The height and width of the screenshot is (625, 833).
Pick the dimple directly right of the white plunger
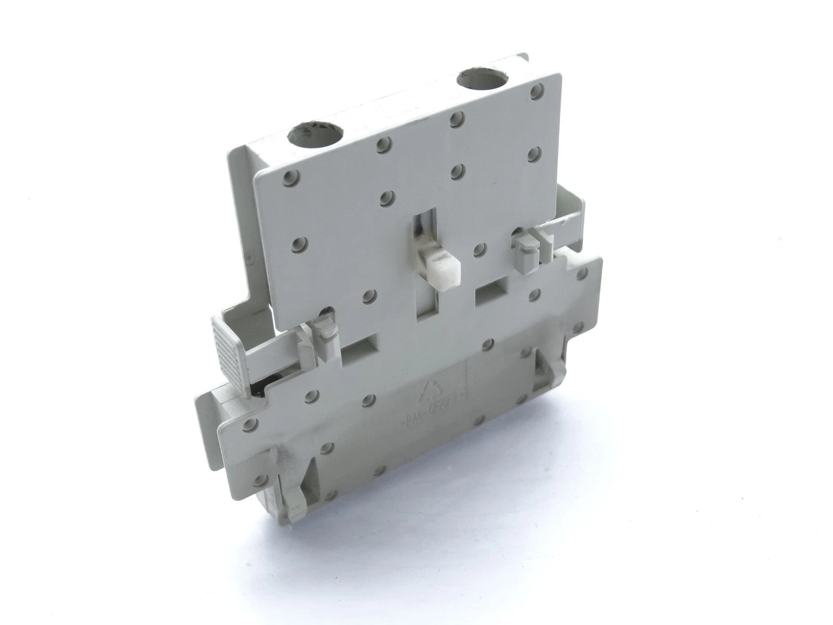point(478,249)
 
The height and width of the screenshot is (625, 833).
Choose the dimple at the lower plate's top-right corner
point(582,272)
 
